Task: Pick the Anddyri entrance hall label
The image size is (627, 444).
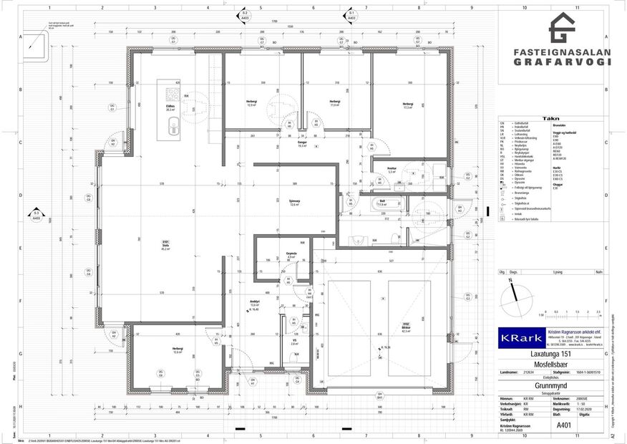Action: tap(253, 302)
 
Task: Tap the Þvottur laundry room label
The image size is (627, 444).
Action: tap(392, 171)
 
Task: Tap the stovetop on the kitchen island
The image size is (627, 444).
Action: tap(172, 93)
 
